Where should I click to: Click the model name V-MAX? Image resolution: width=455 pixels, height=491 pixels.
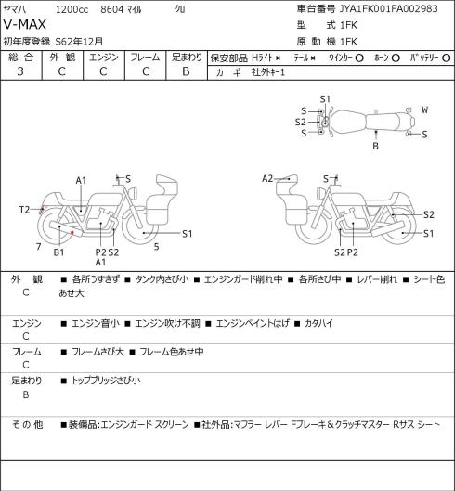[x=25, y=25]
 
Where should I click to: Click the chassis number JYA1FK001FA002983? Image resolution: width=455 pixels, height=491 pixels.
[x=389, y=8]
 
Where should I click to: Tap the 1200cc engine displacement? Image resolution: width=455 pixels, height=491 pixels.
[x=71, y=9]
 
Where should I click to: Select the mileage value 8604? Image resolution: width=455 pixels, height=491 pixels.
[x=112, y=9]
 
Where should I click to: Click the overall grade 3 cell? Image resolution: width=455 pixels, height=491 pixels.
[x=20, y=71]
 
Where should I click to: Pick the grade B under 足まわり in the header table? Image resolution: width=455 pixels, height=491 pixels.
[x=186, y=71]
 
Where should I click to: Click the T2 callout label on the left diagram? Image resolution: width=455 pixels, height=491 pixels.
[x=24, y=210]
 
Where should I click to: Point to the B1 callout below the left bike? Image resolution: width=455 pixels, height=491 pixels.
[x=58, y=252]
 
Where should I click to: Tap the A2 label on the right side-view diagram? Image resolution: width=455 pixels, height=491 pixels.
[x=267, y=179]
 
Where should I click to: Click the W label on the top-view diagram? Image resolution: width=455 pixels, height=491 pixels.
[x=424, y=110]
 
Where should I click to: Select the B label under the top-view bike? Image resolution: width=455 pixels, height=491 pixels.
[x=375, y=146]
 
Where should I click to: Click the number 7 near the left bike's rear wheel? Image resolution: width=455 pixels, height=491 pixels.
[x=39, y=247]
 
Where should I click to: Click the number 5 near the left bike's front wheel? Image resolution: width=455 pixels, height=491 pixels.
[x=156, y=247]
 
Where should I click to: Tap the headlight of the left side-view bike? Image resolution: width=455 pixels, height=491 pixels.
[x=135, y=192]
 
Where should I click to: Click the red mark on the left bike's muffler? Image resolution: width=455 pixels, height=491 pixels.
[x=72, y=233]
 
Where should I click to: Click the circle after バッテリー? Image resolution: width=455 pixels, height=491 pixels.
[x=447, y=58]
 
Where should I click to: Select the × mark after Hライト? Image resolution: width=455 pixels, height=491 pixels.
[x=278, y=58]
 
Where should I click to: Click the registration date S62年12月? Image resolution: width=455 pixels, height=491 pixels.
[x=79, y=42]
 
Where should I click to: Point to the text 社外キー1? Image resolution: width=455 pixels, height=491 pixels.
[x=268, y=72]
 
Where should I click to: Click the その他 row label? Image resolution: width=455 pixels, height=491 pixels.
[x=27, y=424]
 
